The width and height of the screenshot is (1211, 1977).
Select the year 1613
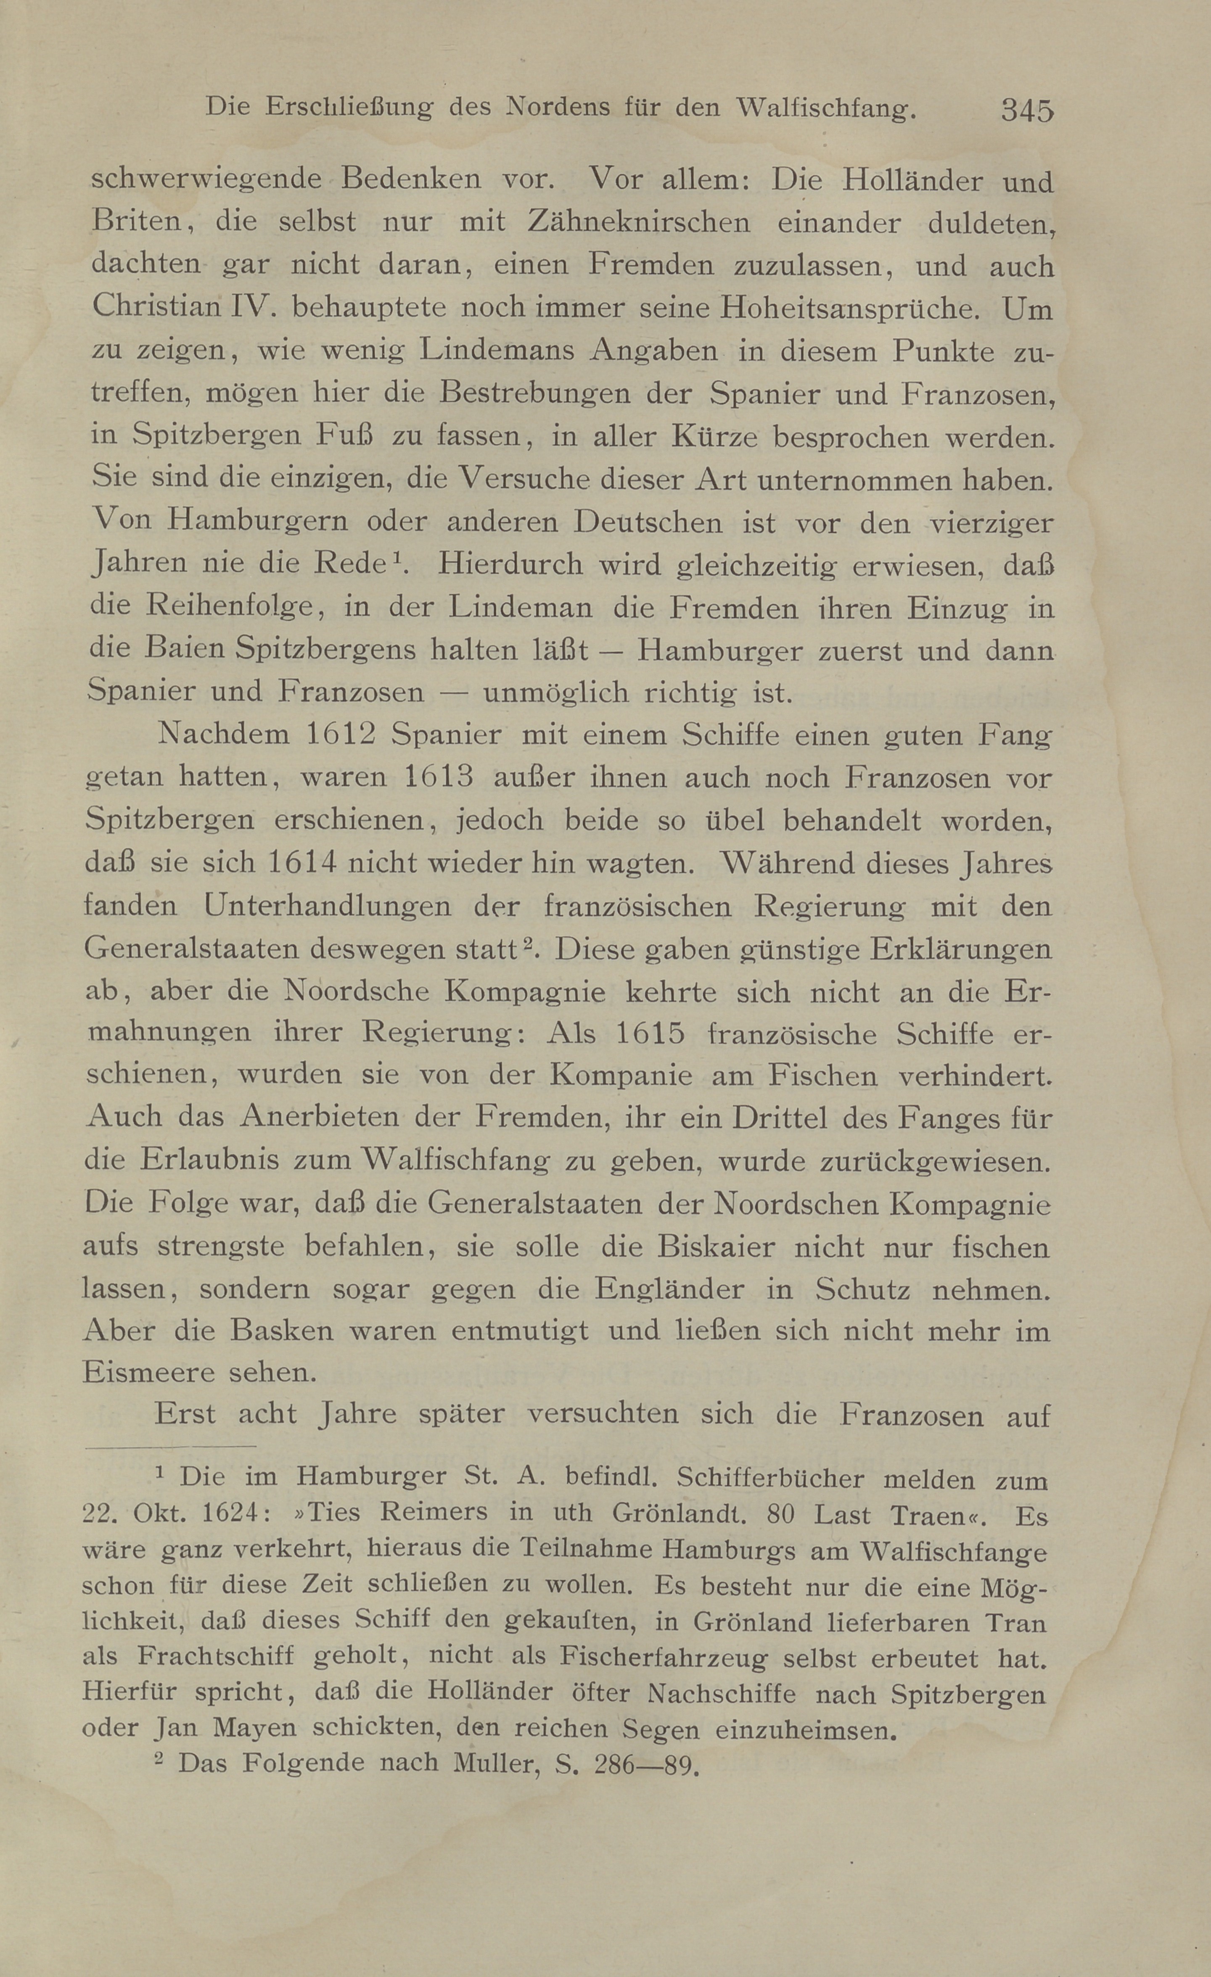coord(434,778)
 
